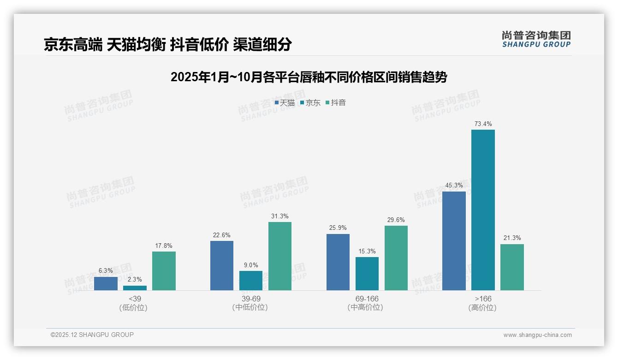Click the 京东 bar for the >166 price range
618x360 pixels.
click(483, 210)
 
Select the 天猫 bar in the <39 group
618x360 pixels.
click(106, 283)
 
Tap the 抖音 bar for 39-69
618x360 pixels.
click(280, 256)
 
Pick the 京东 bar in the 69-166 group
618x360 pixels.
click(367, 274)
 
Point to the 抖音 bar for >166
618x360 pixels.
click(512, 267)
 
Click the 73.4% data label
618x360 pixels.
click(483, 124)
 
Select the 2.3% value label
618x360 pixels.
click(135, 280)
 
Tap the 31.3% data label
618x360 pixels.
click(280, 216)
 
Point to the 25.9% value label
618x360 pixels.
click(338, 228)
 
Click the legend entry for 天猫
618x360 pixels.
click(285, 103)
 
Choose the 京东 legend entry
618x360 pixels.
click(310, 103)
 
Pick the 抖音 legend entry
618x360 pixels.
click(336, 103)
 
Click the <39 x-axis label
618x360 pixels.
click(135, 299)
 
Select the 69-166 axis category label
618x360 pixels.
click(367, 299)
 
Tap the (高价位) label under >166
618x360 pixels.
click(482, 307)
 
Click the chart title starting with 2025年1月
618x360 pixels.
click(309, 77)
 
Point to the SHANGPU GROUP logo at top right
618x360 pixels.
click(536, 39)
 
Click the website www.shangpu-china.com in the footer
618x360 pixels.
click(537, 335)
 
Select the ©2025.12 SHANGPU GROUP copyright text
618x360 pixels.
click(92, 335)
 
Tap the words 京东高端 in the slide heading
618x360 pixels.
click(73, 44)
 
